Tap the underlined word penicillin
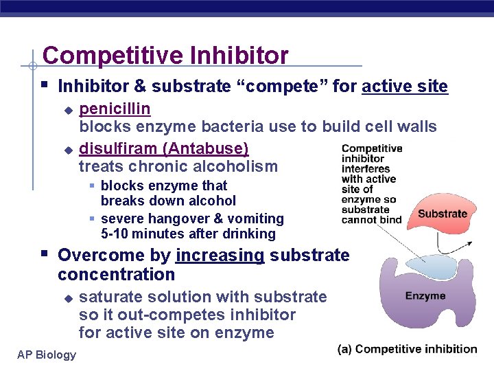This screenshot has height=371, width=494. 115,109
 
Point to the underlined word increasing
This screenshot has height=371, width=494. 220,256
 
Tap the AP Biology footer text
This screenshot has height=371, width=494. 47,354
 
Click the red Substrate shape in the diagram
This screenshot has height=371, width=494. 442,214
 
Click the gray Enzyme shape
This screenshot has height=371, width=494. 425,302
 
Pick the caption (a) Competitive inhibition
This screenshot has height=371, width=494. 407,349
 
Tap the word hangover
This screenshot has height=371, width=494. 180,218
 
